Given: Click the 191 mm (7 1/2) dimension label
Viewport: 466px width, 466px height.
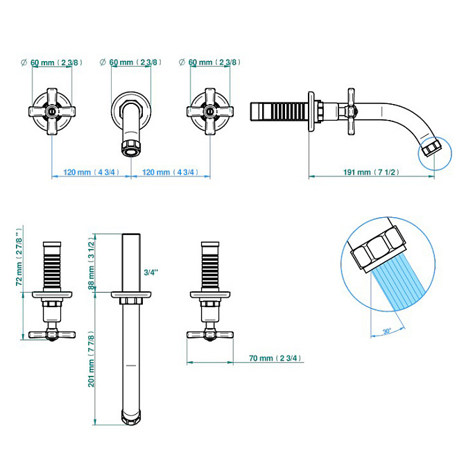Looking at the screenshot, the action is point(371,172).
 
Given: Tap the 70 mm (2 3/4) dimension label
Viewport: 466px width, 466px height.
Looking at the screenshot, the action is point(275,358).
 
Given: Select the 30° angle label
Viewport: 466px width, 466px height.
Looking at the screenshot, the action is point(387,331).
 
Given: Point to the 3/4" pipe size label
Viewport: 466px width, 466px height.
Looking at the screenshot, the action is point(151,273).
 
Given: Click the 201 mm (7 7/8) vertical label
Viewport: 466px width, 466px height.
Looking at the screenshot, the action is point(91,361).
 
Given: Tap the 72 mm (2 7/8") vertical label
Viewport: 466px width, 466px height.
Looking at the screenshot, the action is point(19,257).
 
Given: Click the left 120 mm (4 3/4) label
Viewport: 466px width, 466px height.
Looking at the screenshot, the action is point(92,172).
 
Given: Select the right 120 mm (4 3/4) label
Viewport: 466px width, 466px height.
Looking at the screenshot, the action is point(170,172).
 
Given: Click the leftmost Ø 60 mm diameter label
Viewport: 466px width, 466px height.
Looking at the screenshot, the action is point(52,62).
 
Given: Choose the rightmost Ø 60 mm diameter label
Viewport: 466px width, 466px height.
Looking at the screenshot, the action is point(210,62).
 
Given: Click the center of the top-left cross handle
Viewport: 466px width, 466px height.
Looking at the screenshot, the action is point(52,112).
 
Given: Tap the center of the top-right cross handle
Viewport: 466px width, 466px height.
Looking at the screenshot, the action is point(210,112).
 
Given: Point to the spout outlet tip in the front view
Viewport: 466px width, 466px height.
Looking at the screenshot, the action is point(131,148).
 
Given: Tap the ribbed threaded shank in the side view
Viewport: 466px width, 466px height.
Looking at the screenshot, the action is point(279,112).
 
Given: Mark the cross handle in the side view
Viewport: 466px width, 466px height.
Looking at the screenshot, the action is point(352,112).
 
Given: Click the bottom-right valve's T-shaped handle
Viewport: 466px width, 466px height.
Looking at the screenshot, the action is point(210,335).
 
